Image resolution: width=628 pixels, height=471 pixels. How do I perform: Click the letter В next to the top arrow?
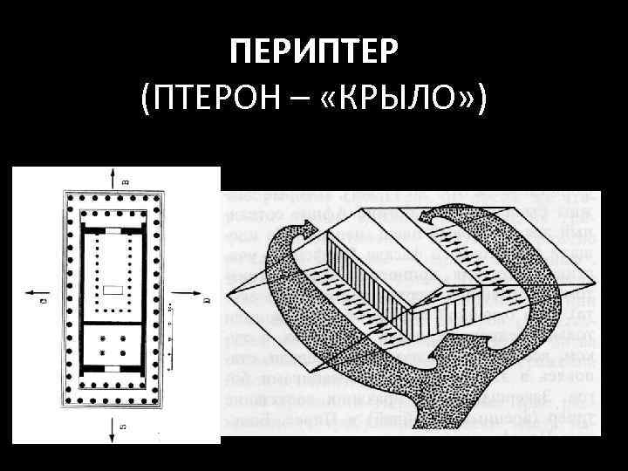tap(126, 181)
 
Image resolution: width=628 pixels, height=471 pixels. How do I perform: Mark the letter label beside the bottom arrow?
tap(126, 427)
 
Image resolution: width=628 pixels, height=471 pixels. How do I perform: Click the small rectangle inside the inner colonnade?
tap(112, 289)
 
